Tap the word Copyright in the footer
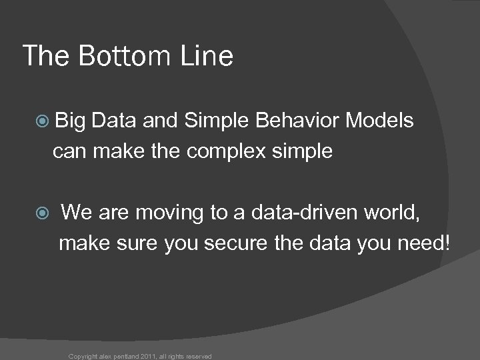point(83,356)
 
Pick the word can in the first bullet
point(67,152)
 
